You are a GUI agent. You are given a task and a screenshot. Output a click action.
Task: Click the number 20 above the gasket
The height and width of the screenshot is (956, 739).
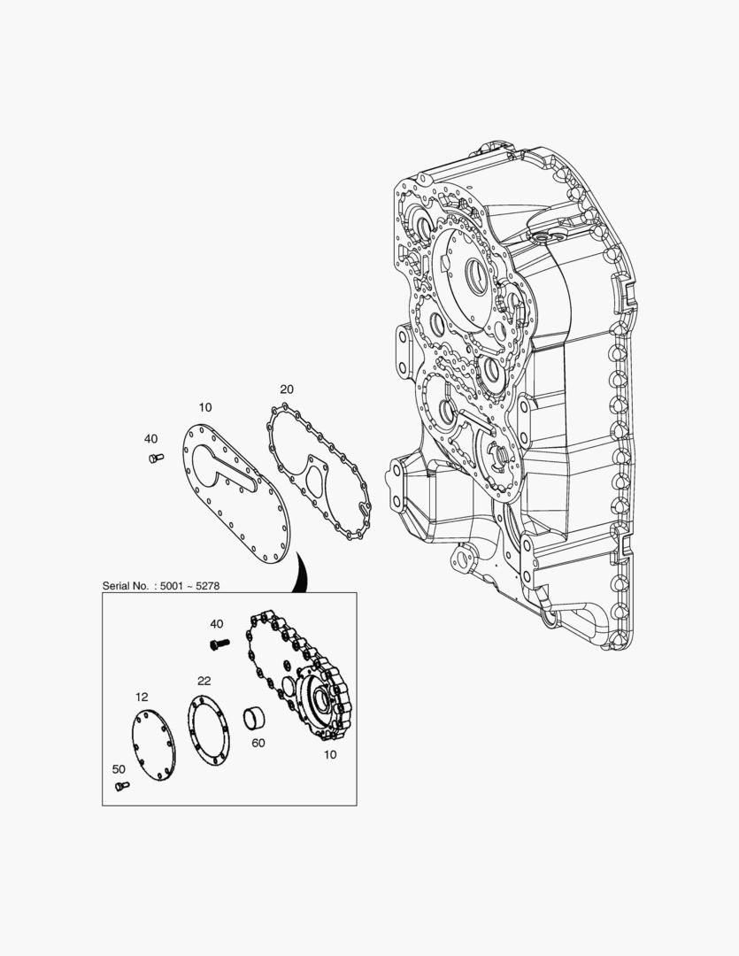(287, 389)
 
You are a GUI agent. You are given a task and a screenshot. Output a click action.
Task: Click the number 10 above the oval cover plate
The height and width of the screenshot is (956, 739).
(204, 407)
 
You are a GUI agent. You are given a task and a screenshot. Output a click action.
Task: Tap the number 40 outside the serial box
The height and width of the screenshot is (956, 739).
(150, 439)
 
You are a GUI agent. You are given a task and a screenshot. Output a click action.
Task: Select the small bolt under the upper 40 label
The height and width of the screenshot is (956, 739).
(156, 458)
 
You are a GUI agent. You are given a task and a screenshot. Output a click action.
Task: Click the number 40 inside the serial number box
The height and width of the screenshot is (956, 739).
(217, 624)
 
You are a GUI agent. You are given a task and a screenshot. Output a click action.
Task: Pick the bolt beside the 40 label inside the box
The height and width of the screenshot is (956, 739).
(219, 644)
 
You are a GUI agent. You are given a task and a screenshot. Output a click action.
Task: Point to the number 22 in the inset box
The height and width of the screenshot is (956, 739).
(204, 681)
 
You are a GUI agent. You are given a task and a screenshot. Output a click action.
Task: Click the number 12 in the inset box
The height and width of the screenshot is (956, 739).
(142, 697)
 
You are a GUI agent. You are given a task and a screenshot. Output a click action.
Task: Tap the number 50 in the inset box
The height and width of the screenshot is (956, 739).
(119, 769)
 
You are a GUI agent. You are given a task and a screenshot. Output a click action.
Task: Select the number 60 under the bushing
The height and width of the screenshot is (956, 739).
(258, 744)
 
